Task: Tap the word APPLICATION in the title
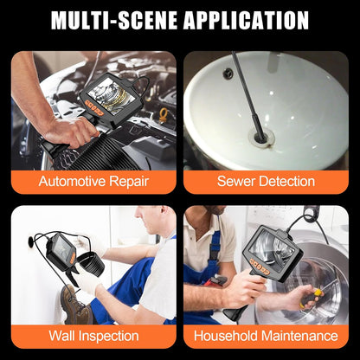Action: (250, 20)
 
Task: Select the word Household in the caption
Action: (230, 336)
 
